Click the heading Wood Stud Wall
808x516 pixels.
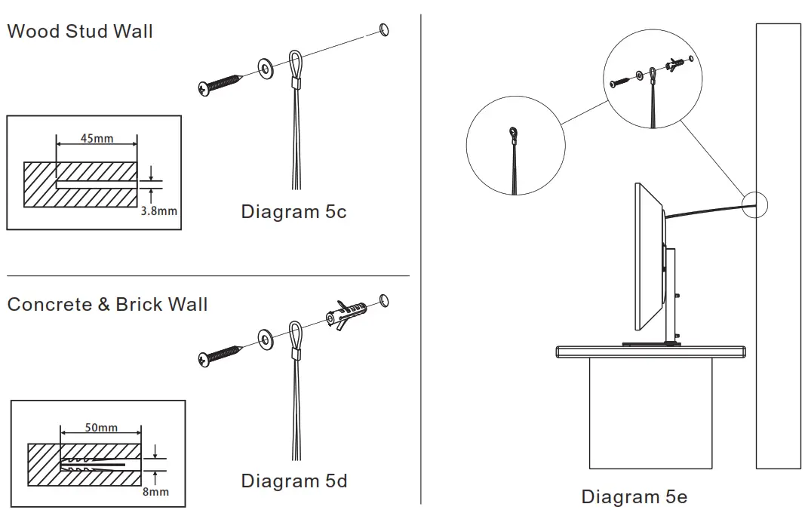click(x=80, y=32)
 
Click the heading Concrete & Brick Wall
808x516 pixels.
click(x=107, y=305)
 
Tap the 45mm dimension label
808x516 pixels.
click(x=97, y=138)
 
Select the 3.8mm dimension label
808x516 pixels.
click(x=159, y=210)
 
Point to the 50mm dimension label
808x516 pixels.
click(x=100, y=428)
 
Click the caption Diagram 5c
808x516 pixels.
click(x=293, y=212)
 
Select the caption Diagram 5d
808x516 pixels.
click(x=293, y=481)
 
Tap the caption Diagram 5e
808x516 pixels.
click(x=634, y=496)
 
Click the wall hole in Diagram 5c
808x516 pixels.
click(x=384, y=29)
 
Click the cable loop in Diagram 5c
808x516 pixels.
click(x=296, y=63)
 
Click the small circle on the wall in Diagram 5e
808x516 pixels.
click(x=754, y=204)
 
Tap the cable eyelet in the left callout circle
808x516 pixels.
click(x=514, y=134)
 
